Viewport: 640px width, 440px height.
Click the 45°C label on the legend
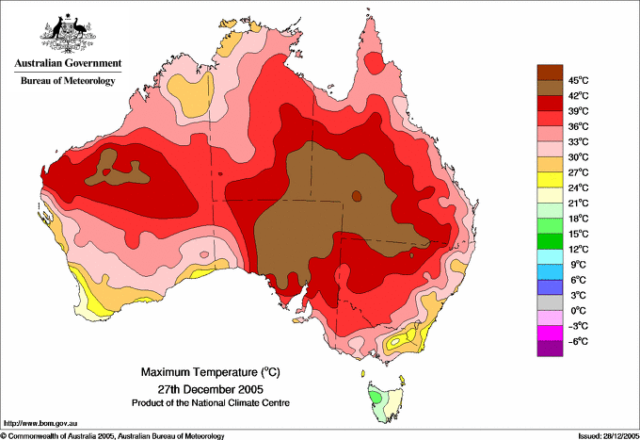coord(578,80)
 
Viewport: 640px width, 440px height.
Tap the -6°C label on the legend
coord(578,341)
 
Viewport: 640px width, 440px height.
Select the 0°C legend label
coord(578,311)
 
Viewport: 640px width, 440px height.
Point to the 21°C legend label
coord(578,204)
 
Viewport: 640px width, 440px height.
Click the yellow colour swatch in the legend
coord(550,180)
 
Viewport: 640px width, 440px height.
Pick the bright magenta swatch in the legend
coord(550,334)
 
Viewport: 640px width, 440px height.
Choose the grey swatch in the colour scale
coord(550,302)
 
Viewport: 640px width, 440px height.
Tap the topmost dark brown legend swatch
coord(550,73)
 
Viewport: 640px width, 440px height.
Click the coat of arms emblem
coord(68,34)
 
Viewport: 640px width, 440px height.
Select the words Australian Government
coord(68,63)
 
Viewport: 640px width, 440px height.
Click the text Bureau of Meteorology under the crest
coord(68,80)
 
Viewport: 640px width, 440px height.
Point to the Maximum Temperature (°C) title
coord(211,372)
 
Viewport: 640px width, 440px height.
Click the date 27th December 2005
coord(211,388)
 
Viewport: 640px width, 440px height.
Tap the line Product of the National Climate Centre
coord(211,403)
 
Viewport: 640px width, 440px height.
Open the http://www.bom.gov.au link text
coord(40,424)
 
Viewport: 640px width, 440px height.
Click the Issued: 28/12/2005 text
coord(609,436)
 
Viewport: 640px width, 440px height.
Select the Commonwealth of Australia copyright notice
coord(113,436)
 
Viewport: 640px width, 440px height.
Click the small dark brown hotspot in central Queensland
coord(357,196)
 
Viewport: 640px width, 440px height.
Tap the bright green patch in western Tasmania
coord(376,397)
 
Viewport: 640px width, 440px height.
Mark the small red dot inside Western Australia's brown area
coord(106,172)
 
